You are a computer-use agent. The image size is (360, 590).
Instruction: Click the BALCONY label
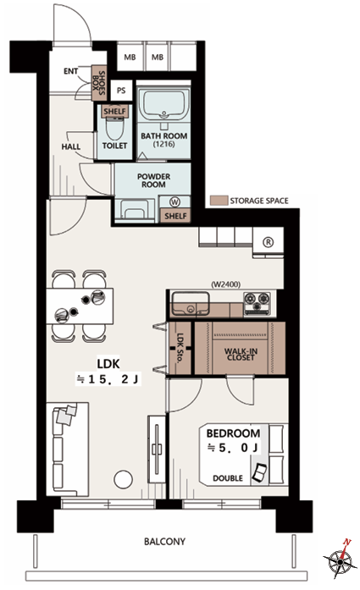coord(164,542)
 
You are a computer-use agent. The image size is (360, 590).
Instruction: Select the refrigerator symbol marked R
coord(268,242)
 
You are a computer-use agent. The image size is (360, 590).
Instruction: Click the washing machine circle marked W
coord(174,202)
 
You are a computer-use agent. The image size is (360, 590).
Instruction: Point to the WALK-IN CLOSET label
coord(241,354)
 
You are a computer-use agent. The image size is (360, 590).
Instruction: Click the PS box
coord(121,91)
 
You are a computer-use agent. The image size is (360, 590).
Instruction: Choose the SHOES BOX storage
coord(99,83)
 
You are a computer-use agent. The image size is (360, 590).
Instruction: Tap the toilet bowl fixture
coord(114,129)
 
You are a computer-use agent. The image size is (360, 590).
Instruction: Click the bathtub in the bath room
coord(163,104)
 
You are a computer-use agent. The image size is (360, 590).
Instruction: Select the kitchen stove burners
coord(258,303)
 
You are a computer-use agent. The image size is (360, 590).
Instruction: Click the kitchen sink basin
coord(191,304)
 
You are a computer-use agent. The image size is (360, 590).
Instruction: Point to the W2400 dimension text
coord(225,284)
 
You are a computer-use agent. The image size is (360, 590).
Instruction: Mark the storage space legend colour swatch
coord(219,200)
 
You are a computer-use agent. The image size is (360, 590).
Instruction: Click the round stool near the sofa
coord(124,480)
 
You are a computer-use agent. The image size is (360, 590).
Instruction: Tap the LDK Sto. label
coord(180,347)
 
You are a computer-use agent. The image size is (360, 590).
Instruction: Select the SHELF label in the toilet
coord(114,111)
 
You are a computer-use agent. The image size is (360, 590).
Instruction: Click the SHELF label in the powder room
coord(175,216)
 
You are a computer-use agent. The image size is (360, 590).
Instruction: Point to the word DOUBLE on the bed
coord(228,478)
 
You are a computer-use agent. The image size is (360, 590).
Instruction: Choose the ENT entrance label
coord(71,71)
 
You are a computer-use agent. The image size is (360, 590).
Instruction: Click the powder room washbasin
coord(134,210)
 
